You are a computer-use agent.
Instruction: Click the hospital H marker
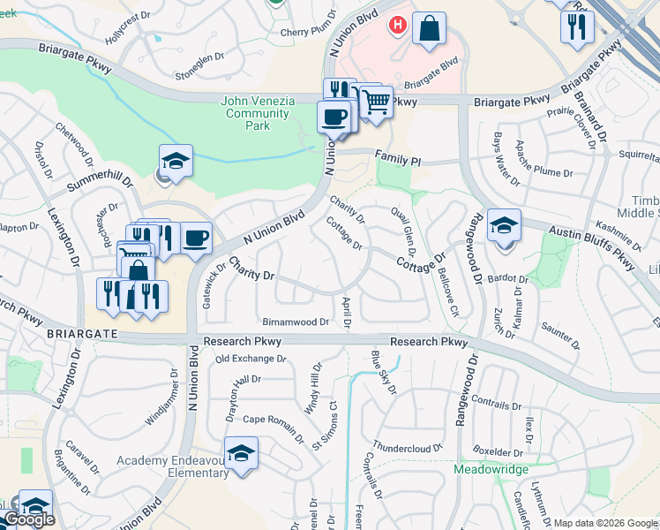point(398,26)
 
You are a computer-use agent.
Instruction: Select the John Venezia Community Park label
point(258,113)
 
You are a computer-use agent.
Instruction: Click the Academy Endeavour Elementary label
point(173,466)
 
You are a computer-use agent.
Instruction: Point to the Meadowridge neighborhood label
point(491,469)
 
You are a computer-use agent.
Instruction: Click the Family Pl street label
point(398,160)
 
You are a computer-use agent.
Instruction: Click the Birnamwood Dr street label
point(295,322)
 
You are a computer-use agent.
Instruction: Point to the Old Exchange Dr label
point(251,359)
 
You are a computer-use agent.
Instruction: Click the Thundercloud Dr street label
point(406,447)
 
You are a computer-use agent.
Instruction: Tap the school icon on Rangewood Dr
point(504,225)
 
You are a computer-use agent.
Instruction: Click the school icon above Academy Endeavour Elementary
point(241,453)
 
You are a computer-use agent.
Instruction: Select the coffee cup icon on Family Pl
point(334,117)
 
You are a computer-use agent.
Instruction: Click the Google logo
point(29,520)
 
